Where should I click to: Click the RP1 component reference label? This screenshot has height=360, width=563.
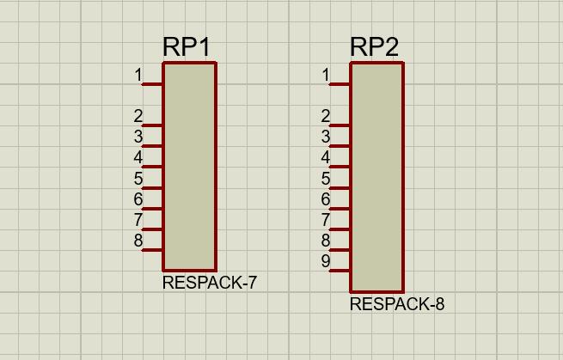[187, 46]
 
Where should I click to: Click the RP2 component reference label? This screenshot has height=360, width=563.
[374, 46]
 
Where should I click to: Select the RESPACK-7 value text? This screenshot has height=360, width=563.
[209, 283]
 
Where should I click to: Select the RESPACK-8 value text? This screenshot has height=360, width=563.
[396, 304]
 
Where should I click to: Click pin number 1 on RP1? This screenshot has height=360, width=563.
[138, 75]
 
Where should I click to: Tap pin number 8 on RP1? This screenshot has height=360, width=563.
[138, 241]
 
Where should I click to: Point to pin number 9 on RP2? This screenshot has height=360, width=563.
[326, 261]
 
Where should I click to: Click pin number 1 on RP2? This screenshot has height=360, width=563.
[326, 75]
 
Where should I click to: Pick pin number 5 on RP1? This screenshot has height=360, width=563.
[138, 179]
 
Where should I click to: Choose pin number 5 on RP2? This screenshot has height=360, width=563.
[326, 179]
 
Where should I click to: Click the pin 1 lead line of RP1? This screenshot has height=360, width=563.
[152, 84]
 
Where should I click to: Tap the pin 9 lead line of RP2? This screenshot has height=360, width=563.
[340, 272]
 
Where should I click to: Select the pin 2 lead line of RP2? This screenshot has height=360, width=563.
[340, 125]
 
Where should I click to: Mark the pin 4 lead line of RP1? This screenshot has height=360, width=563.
[152, 168]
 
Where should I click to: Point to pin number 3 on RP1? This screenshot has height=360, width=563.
[138, 137]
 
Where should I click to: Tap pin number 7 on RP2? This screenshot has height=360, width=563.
[326, 220]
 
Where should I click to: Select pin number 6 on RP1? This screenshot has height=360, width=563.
[138, 199]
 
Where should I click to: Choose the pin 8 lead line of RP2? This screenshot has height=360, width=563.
[340, 251]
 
